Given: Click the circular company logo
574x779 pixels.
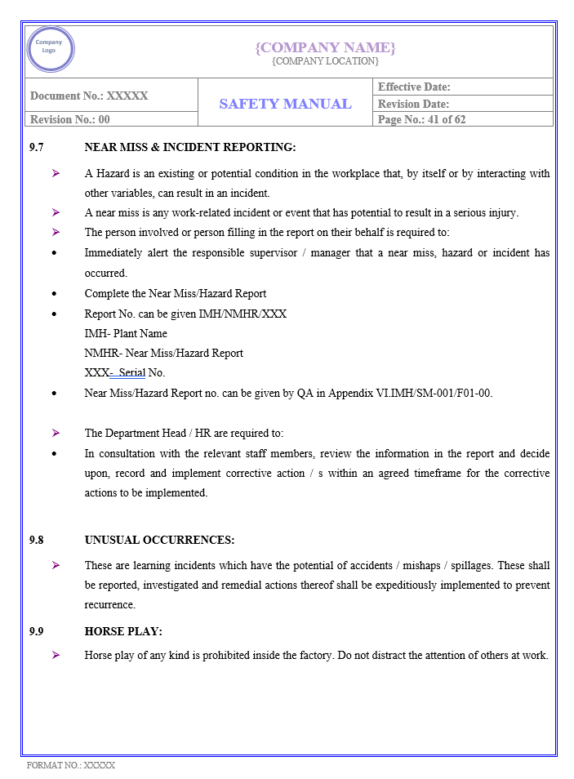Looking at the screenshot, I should (50, 49).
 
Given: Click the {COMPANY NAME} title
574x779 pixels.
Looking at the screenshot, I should (325, 47).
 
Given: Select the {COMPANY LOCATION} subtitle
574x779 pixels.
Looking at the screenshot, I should (325, 61).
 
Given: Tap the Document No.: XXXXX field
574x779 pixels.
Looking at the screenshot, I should (89, 96).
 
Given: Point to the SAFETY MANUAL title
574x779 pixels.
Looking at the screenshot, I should (285, 104).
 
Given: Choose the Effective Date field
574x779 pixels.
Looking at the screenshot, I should (414, 87).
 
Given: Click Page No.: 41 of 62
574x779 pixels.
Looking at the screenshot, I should (421, 119).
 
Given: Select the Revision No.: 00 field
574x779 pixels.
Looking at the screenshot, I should (70, 119).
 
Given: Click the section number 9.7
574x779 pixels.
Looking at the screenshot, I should (36, 148).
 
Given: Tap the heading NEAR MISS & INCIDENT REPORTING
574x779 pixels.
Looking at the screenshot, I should (189, 148).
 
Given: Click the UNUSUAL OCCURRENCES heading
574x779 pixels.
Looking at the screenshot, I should (159, 540).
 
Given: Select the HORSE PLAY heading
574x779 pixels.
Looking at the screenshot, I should (123, 631).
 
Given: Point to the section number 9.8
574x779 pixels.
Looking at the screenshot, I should (36, 540).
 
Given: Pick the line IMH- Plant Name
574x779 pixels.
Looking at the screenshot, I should (126, 333).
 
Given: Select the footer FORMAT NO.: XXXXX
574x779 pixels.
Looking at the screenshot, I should (71, 765).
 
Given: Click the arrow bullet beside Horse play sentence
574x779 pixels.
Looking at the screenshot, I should (56, 655).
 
